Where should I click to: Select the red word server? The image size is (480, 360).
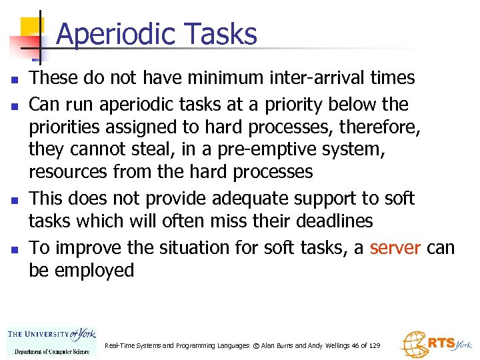tap(395, 248)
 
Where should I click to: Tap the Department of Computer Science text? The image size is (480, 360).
tap(51, 351)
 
